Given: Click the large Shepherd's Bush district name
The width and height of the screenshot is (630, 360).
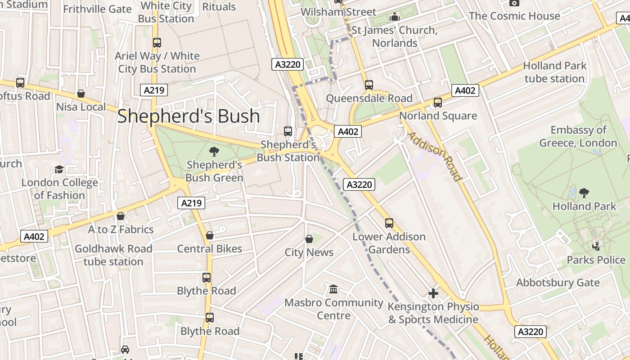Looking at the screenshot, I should (189, 116).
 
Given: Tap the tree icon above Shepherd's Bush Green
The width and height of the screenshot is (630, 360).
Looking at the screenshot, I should (214, 152).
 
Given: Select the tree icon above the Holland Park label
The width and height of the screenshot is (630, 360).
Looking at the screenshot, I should (584, 193).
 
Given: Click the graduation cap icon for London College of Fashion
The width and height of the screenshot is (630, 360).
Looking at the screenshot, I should (59, 169).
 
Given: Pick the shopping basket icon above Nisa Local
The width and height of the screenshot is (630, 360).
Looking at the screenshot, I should (81, 94).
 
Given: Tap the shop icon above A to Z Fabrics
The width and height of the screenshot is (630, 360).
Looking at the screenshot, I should (120, 216).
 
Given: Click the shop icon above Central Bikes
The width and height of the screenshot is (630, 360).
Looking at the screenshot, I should (210, 235).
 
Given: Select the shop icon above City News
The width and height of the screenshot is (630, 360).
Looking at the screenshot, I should (309, 239).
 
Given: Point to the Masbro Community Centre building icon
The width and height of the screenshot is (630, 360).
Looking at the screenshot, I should (333, 289).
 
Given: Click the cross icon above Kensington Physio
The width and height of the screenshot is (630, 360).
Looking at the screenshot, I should (433, 293).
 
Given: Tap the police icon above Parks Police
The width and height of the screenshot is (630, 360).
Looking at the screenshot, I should (596, 246).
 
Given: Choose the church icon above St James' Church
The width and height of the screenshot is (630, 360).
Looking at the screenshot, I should (395, 17).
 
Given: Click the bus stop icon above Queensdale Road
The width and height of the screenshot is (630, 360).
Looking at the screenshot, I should (369, 85).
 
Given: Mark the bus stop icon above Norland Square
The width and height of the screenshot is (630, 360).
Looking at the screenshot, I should (438, 103).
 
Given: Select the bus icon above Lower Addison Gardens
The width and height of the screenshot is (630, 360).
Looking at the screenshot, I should (389, 223).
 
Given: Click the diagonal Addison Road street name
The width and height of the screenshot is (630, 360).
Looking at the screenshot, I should (435, 156).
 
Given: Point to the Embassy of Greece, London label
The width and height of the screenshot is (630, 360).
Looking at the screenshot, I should (578, 136).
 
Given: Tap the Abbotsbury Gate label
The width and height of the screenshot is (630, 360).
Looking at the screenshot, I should (558, 283).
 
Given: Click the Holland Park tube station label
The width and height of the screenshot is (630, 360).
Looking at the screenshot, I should (554, 72).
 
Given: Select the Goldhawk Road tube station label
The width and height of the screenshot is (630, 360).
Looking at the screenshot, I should (113, 255).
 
